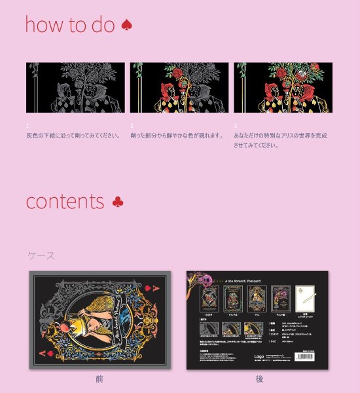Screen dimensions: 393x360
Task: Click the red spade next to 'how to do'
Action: [127, 26]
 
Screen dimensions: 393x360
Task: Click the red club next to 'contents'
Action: [117, 202]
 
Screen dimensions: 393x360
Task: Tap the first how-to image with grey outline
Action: [75, 88]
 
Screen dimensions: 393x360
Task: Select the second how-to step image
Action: [179, 88]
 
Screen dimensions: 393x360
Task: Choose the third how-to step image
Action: [283, 88]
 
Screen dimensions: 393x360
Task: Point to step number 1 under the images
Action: [28, 124]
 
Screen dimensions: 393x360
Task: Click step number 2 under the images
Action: [132, 124]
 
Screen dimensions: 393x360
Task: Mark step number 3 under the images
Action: [236, 124]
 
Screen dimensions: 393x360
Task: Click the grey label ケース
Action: [41, 255]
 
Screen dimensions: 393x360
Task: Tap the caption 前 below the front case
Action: [99, 379]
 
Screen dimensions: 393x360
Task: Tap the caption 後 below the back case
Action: [259, 379]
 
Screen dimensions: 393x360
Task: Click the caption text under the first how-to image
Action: [73, 136]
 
